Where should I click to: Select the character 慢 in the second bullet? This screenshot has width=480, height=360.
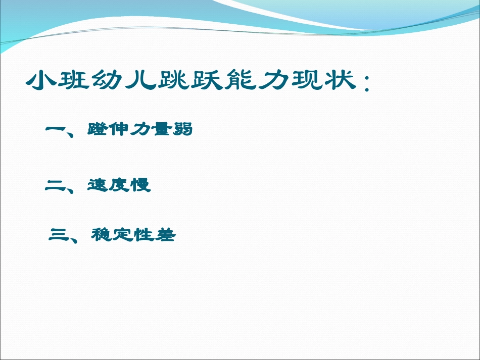(140, 185)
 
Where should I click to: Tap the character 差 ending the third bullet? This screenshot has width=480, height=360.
(164, 235)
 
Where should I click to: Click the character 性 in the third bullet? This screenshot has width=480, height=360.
(143, 235)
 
